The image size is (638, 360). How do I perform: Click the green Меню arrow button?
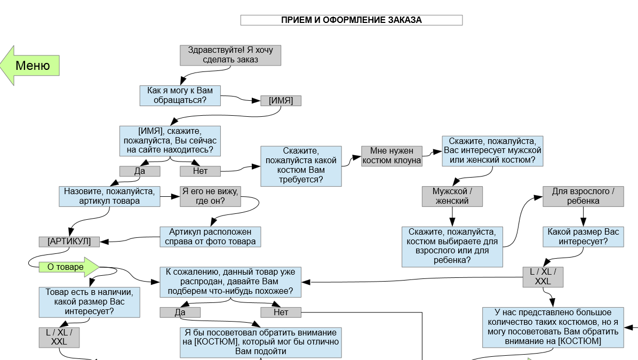click(30, 66)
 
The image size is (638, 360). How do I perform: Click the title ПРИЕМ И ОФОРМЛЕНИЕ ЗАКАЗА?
click(352, 20)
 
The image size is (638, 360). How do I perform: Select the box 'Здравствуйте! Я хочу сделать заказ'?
click(230, 55)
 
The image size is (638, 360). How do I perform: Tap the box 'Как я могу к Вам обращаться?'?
click(180, 95)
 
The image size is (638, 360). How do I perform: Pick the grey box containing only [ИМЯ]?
click(281, 100)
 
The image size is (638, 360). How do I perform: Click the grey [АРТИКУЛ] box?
click(69, 242)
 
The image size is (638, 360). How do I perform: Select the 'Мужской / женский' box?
click(452, 196)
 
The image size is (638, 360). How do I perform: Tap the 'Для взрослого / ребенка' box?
click(583, 196)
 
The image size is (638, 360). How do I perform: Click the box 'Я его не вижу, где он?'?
click(210, 196)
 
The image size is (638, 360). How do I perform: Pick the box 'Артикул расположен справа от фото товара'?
click(210, 237)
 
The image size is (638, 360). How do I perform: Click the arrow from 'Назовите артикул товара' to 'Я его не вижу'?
click(170, 196)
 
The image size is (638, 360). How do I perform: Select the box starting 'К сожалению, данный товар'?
click(230, 282)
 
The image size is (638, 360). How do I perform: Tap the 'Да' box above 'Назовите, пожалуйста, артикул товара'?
click(140, 171)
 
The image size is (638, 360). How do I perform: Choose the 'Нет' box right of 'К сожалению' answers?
click(281, 313)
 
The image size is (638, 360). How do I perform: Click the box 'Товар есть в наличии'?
click(90, 302)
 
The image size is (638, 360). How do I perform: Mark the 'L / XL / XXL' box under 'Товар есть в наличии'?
click(59, 338)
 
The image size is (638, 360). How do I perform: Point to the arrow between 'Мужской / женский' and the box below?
click(452, 217)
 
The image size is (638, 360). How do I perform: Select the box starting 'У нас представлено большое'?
click(553, 327)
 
